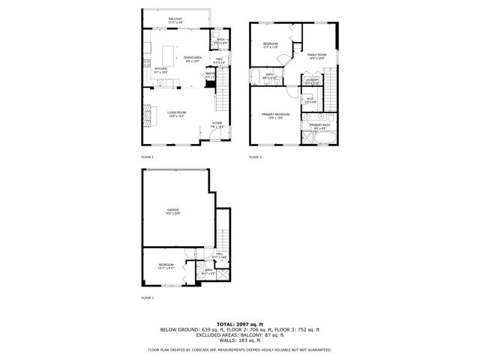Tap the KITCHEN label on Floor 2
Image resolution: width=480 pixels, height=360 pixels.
click(160, 68)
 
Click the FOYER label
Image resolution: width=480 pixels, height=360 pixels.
click(217, 124)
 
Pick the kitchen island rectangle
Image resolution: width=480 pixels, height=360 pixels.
click(168, 54)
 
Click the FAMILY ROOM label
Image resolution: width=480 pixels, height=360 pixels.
click(316, 55)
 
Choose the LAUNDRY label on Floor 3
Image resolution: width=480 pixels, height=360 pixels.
click(313, 79)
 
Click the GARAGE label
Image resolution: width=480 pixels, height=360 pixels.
click(174, 211)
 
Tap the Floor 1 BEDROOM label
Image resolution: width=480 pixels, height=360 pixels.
click(166, 265)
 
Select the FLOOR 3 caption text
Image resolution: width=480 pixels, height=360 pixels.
click(256, 157)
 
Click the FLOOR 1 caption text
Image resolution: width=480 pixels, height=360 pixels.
click(147, 298)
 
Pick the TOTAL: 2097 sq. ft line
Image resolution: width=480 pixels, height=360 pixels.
click(239, 323)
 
